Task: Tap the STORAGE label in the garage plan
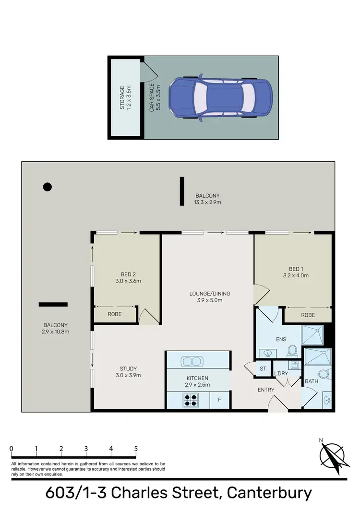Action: coord(122,98)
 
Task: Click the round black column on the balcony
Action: coord(47,187)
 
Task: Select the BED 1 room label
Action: coord(296,269)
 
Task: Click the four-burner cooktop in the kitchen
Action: coord(191,400)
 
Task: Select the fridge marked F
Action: coord(219,399)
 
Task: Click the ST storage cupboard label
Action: coord(263,368)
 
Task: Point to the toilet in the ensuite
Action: coord(291,353)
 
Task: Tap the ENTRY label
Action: coord(265,390)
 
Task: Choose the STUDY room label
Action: coord(128,368)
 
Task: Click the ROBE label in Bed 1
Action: coord(308,315)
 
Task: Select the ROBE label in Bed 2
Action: coord(114,314)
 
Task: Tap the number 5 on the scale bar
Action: coord(136,449)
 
